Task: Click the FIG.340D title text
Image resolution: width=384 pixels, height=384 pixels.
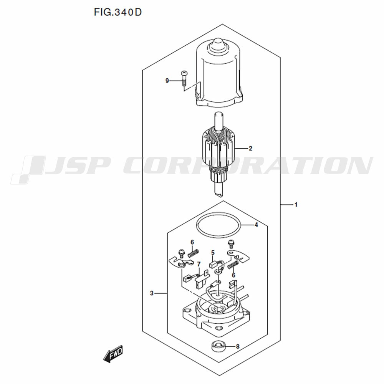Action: (x=118, y=12)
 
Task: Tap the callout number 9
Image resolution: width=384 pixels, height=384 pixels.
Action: (x=167, y=81)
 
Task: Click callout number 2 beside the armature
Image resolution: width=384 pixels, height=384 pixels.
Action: (x=250, y=148)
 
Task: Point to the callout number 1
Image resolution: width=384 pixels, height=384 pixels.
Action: (x=296, y=205)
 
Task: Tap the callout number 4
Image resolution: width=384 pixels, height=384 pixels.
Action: (x=256, y=225)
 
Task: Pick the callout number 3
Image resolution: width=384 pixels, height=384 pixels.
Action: (x=152, y=293)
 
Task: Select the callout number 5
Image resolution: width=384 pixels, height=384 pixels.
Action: (x=213, y=253)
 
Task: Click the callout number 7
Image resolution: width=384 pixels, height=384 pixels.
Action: (x=199, y=264)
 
